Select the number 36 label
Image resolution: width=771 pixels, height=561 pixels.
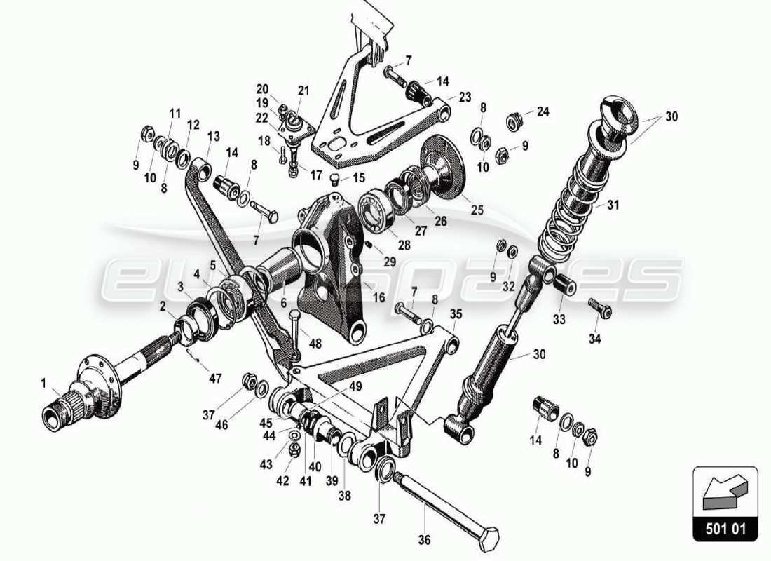(425, 540)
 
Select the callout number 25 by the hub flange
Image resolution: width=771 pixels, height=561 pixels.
(477, 209)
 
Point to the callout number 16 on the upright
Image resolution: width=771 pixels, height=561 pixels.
(378, 297)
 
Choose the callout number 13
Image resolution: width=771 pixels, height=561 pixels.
(213, 135)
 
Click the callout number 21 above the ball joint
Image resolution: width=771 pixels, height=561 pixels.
(303, 90)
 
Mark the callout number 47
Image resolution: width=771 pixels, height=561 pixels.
(214, 379)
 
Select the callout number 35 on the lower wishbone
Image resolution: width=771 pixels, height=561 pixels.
(456, 313)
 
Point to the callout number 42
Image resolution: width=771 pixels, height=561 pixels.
(282, 481)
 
